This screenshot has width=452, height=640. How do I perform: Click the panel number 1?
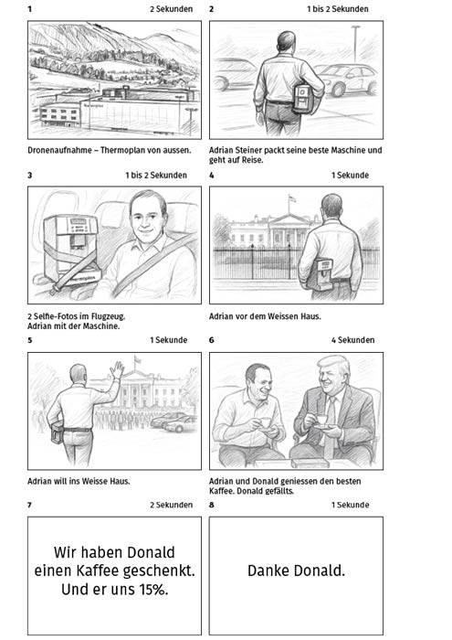coord(30,9)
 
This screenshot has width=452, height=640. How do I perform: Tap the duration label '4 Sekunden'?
coord(352,340)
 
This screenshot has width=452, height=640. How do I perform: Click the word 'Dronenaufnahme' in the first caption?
coord(59,150)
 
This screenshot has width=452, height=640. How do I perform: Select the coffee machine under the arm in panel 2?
coord(303,98)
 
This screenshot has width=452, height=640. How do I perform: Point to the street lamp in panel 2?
coord(356,43)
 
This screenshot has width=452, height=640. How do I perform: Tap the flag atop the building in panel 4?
coord(291,198)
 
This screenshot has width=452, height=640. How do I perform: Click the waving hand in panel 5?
coord(118,369)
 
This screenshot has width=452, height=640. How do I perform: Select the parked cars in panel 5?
coord(173,422)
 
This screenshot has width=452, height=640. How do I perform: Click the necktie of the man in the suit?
coord(329,424)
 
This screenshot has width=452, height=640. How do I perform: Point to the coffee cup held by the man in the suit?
coord(321,420)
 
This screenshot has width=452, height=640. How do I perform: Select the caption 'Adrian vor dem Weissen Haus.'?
coord(265,316)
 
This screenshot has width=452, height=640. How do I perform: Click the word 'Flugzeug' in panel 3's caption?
coord(108,316)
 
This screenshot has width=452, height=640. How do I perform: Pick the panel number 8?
coord(212,505)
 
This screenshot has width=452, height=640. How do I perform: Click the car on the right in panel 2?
coord(348,80)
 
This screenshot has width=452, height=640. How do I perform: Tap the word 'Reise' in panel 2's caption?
coord(253,160)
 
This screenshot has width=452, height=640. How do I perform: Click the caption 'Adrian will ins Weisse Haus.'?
coord(79,481)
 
